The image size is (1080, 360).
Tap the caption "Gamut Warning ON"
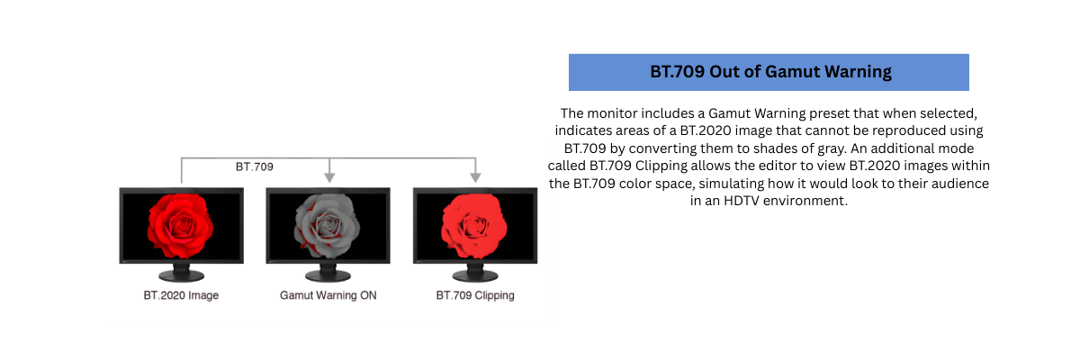click(x=328, y=295)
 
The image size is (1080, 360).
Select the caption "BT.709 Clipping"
click(x=475, y=295)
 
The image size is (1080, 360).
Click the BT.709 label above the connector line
click(x=255, y=167)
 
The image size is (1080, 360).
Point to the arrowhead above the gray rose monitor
click(x=329, y=176)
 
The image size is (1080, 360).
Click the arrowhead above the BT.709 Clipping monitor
click(x=475, y=176)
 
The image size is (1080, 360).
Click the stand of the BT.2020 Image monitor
click(x=182, y=272)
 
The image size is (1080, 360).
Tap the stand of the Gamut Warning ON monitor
click(x=328, y=272)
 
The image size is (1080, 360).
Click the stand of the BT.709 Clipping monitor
click(x=474, y=272)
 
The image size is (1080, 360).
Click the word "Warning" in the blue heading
click(x=855, y=73)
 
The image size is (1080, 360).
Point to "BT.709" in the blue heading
click(x=676, y=73)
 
